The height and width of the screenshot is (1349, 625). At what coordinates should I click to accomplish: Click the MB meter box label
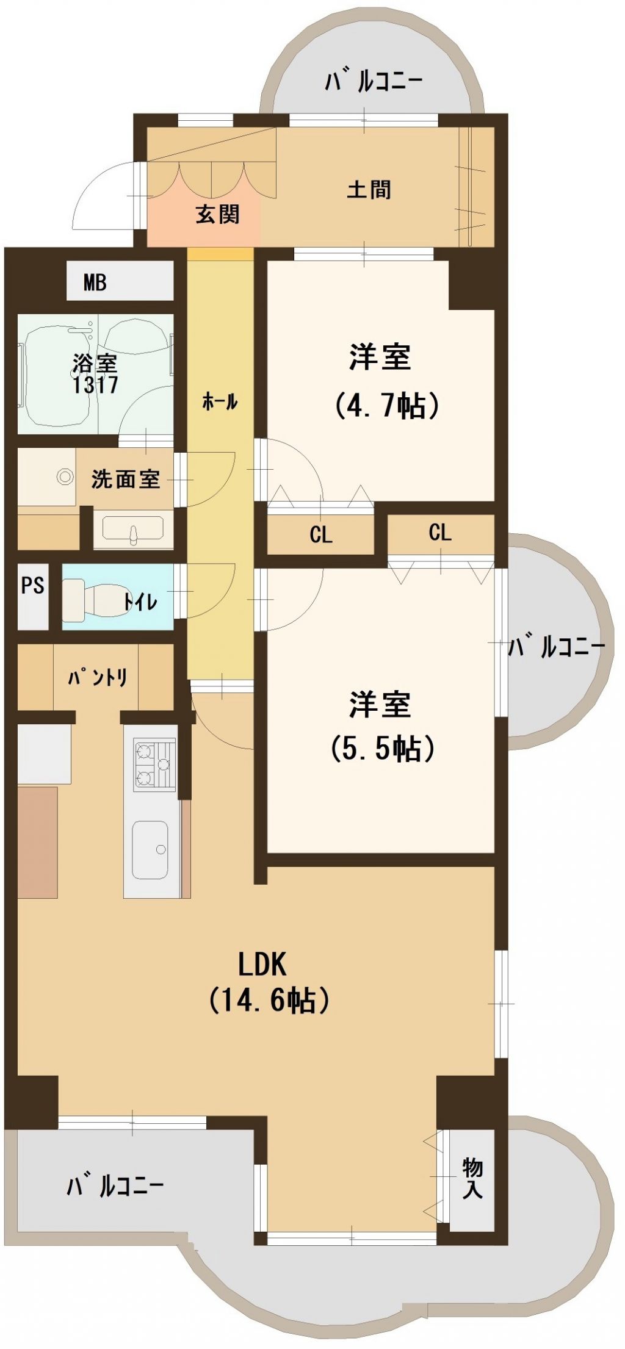coord(95,282)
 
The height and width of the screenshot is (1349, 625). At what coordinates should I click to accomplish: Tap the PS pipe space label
coord(33,585)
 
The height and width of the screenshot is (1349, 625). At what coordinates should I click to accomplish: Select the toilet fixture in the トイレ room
coord(92,599)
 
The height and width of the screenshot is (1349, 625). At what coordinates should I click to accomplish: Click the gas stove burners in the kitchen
coord(154,764)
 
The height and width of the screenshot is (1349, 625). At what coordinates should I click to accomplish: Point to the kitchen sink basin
coord(150,850)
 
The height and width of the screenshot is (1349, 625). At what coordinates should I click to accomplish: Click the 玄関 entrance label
coord(217,214)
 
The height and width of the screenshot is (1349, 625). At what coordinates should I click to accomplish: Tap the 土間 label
coord(369,190)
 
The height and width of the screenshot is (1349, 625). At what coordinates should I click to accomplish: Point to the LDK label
coord(262,965)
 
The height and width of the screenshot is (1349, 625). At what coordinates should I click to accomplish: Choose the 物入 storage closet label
coord(472,1179)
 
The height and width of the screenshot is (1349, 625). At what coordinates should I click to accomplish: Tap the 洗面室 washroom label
coord(126,479)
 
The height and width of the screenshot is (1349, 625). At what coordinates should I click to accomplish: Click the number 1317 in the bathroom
coord(95,385)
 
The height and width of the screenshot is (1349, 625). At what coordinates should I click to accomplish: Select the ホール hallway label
coord(220,402)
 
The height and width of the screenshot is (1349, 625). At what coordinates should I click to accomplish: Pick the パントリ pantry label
coord(98,677)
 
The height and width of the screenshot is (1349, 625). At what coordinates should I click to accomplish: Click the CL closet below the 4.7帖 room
coord(321,535)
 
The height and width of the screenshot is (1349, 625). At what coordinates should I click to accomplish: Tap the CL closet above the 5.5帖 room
coord(440,533)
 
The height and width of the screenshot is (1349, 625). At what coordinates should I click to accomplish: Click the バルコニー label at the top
coord(374,82)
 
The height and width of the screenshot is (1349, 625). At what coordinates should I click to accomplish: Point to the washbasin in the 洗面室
coord(133,528)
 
